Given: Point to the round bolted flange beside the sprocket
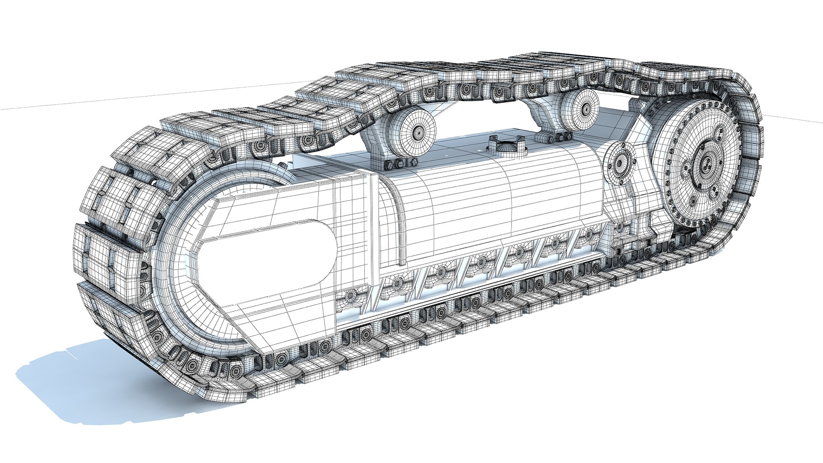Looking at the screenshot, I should [619, 163].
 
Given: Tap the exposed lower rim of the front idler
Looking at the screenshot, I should [206, 330].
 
